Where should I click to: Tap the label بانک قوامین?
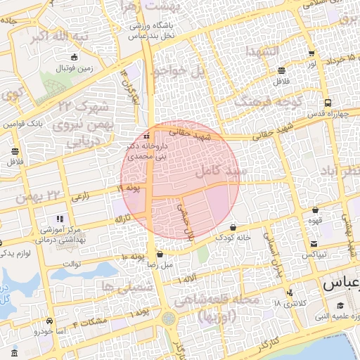click(27, 124)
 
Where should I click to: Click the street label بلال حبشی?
click(185, 219)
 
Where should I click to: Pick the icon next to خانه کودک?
click(233, 226)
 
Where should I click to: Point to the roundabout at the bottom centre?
click(169, 318)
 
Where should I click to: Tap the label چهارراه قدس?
click(324, 112)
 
